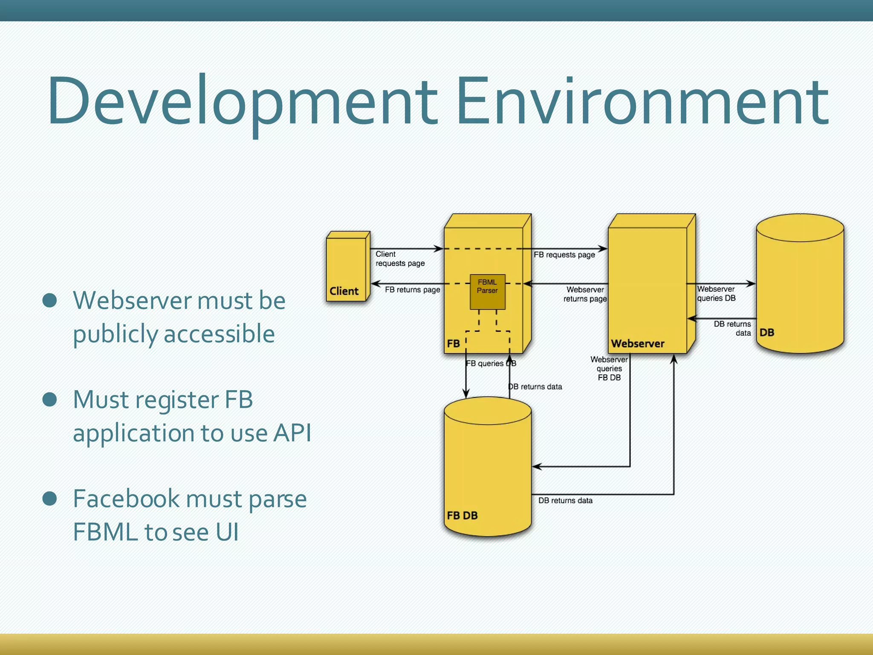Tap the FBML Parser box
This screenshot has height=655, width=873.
(x=487, y=292)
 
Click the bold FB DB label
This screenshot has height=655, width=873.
(x=462, y=516)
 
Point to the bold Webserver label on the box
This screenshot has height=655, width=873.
(x=637, y=344)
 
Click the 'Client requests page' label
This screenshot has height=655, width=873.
(x=400, y=259)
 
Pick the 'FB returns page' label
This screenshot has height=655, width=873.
(x=412, y=290)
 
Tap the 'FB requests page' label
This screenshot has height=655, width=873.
(x=564, y=255)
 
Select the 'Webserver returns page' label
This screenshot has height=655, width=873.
(x=585, y=294)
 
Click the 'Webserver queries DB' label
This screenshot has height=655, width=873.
(x=716, y=294)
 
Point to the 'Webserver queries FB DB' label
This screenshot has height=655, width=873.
(x=609, y=368)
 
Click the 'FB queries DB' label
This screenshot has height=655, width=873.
(x=490, y=363)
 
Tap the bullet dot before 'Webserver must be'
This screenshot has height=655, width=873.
(x=50, y=300)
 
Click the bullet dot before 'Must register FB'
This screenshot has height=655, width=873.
(x=50, y=400)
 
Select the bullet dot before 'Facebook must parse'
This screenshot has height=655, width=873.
(x=50, y=498)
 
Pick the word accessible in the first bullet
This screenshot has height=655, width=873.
(x=219, y=334)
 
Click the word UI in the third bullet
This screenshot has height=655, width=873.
(x=227, y=532)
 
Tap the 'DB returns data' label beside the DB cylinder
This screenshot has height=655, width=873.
(x=732, y=328)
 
